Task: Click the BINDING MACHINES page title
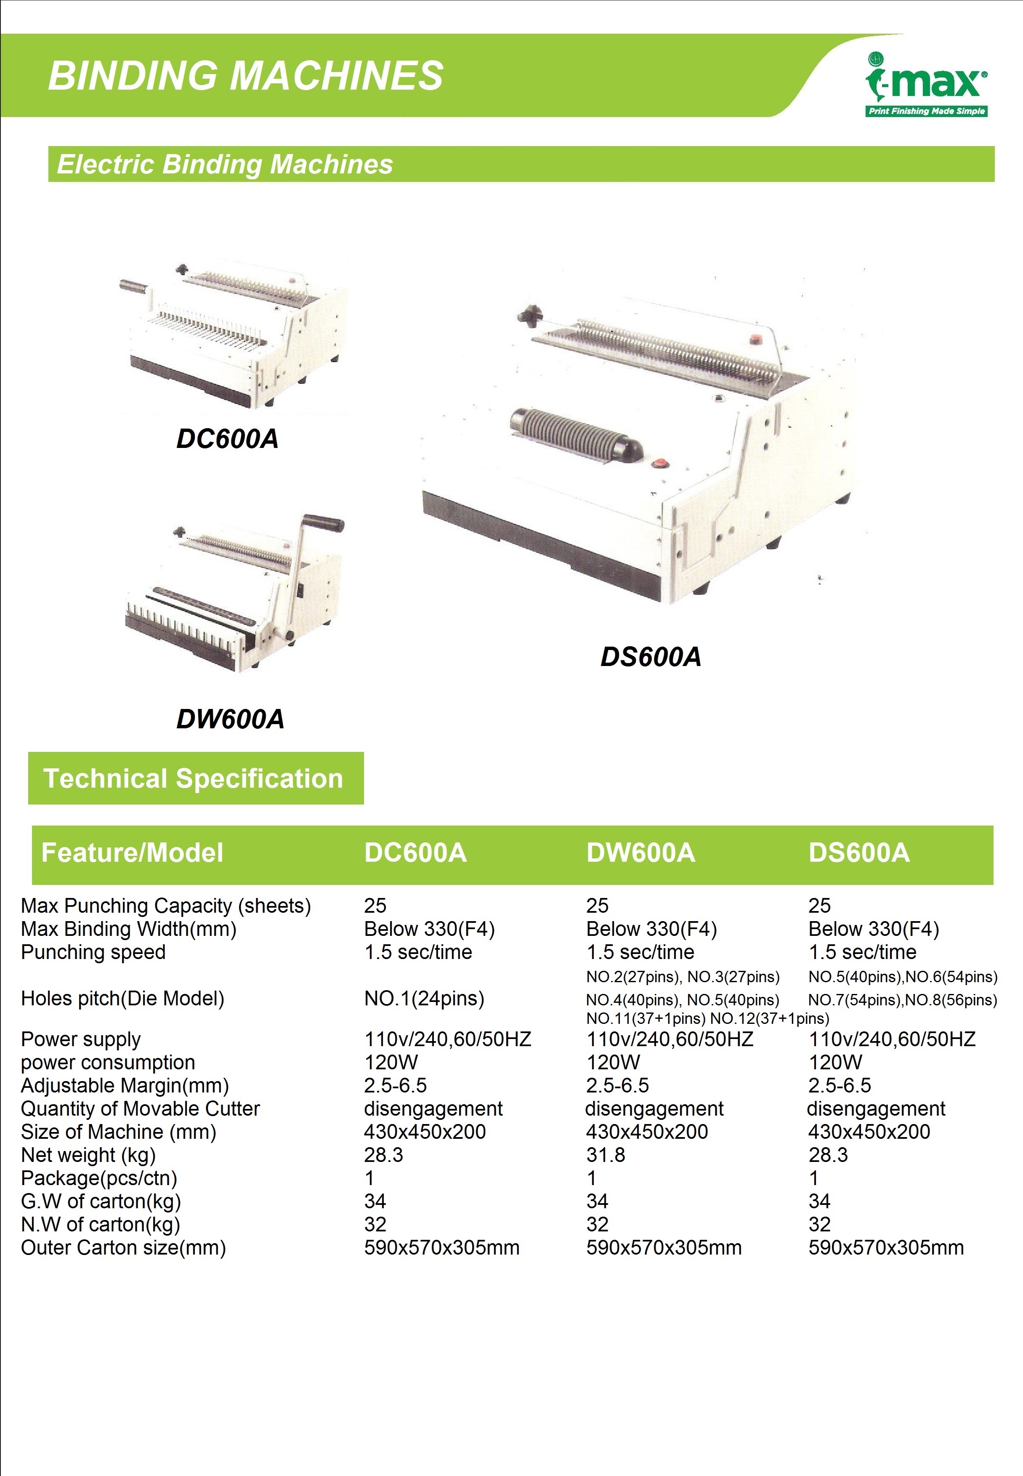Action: coord(245,76)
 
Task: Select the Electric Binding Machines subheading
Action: coord(225,164)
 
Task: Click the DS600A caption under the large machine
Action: coord(651,657)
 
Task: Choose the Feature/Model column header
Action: coord(132,853)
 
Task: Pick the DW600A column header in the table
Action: coord(640,853)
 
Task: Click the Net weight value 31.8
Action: coord(605,1155)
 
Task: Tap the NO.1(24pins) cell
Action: coord(424,998)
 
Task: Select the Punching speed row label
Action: coord(93,953)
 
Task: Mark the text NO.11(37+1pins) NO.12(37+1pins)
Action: coord(708,1018)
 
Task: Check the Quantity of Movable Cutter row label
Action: coord(141,1108)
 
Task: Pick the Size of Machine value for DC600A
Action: coord(425,1132)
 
